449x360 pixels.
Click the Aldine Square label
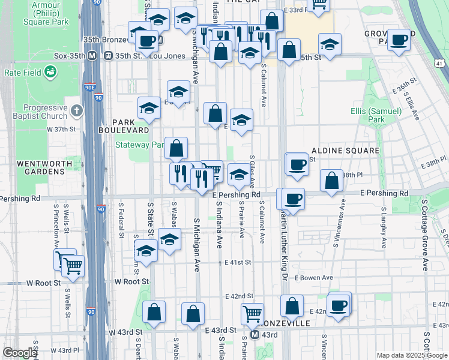tap(345, 150)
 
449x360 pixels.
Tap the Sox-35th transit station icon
tap(92, 56)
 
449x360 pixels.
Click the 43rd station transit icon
tap(255, 335)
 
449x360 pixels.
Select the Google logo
tap(19, 353)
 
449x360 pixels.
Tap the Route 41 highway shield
tap(440, 63)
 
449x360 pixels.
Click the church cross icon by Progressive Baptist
tap(76, 111)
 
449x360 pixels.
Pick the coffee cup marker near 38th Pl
tap(297, 164)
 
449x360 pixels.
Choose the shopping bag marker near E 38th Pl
tap(331, 181)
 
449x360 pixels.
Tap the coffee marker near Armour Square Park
tap(146, 41)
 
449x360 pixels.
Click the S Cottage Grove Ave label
tap(424, 235)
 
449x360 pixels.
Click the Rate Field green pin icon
tap(50, 73)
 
